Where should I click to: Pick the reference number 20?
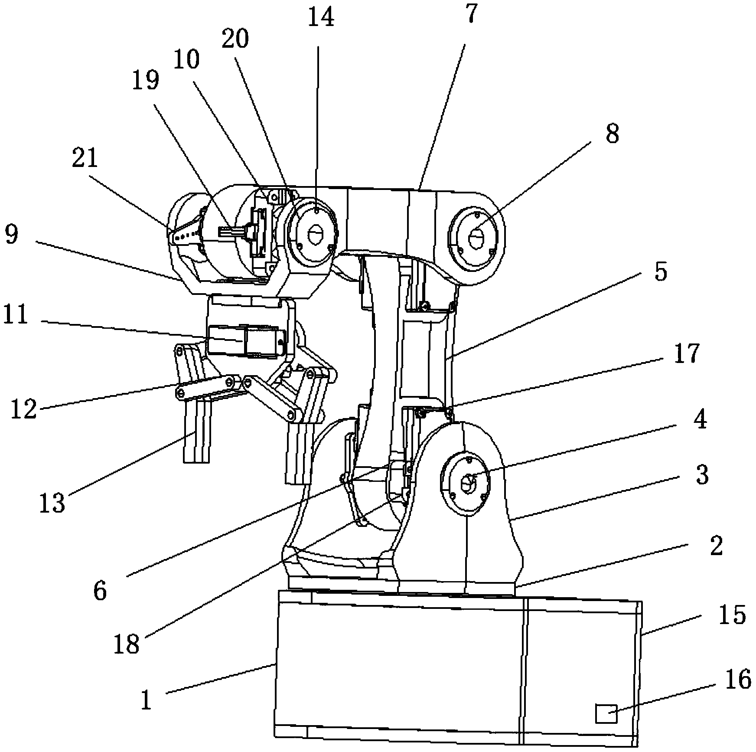[235, 39]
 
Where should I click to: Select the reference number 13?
[52, 503]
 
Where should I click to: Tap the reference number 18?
[127, 644]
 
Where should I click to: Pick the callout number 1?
[147, 700]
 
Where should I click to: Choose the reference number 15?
[732, 615]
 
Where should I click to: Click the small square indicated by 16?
[606, 713]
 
